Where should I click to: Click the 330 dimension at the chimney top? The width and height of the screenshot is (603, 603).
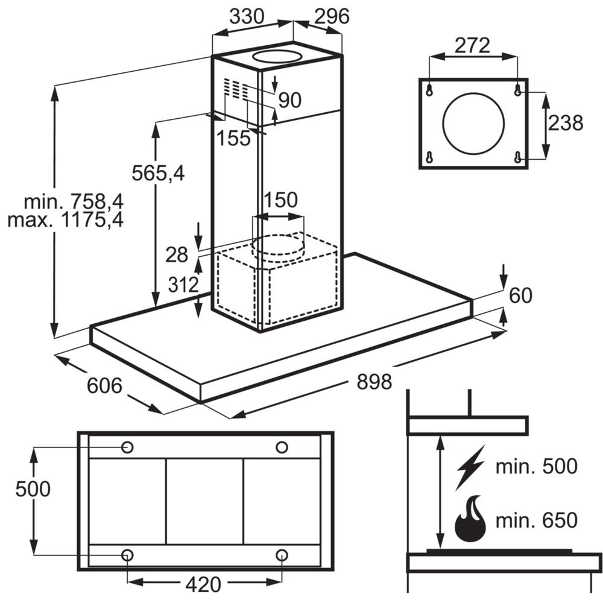[x=247, y=16]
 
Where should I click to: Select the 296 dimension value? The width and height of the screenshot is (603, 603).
[x=332, y=16]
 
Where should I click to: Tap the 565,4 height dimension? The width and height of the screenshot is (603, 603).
[x=158, y=173]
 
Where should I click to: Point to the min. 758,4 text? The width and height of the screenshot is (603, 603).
[x=74, y=201]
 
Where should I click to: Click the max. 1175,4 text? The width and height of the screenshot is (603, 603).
[x=65, y=220]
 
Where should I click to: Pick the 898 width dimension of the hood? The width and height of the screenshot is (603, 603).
[x=374, y=382]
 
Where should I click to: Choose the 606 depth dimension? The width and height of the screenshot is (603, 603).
[x=104, y=386]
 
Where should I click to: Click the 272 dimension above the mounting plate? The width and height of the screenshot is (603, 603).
[x=472, y=45]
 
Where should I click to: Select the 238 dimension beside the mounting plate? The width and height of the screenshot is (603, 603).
[x=566, y=123]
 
